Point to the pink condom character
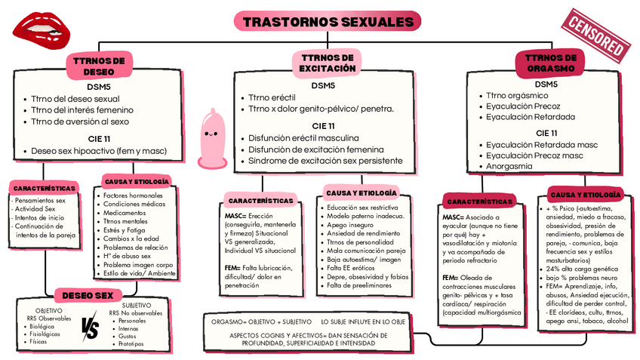211,137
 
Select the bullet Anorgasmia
515,166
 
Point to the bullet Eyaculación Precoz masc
534,155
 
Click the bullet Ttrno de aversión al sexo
80,121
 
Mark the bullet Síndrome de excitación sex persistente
326,161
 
